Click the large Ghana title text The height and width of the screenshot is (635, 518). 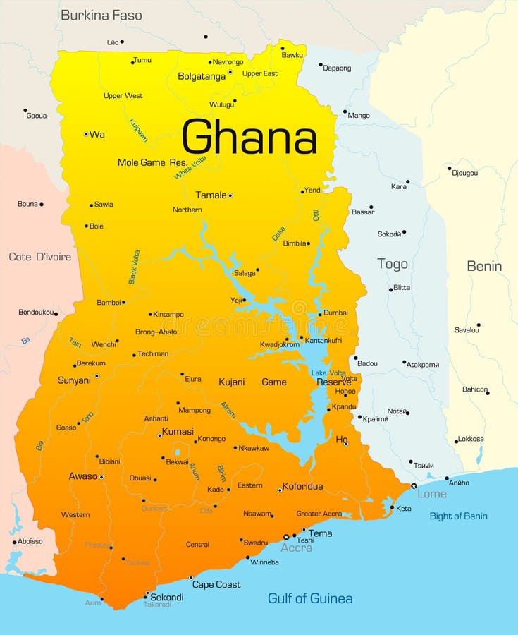tap(249, 137)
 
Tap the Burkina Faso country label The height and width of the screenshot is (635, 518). tap(101, 15)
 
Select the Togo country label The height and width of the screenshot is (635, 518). tap(392, 264)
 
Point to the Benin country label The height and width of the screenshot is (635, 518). tap(484, 266)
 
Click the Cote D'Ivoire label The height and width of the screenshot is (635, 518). tap(39, 257)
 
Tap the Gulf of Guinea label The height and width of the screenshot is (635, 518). tap(310, 598)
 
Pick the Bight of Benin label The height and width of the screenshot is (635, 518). tap(458, 516)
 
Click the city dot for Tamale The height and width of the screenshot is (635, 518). tap(230, 195)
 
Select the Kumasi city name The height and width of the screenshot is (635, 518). tap(178, 431)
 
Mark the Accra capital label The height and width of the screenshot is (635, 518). tap(296, 548)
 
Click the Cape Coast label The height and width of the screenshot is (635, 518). tap(216, 584)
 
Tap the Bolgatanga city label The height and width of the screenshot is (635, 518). tap(202, 76)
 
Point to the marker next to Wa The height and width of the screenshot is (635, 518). tap(86, 134)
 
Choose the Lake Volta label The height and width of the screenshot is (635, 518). tap(328, 373)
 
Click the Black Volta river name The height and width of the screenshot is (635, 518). tap(134, 267)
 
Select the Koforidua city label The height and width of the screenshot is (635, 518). tap(302, 486)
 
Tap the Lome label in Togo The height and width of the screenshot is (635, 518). tap(431, 494)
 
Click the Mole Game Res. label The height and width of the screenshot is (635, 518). tap(152, 162)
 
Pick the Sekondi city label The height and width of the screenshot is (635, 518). tap(167, 597)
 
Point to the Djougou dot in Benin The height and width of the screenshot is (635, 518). tap(449, 168)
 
